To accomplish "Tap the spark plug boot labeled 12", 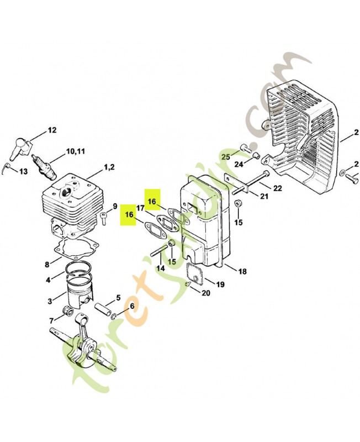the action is click(x=21, y=146).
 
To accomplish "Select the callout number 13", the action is click(x=24, y=171).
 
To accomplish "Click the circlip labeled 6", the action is click(x=114, y=316).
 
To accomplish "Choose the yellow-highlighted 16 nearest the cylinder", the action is click(x=129, y=215).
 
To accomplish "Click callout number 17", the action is click(x=141, y=208).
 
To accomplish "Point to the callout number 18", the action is click(x=242, y=271).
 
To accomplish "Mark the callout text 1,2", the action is click(x=109, y=167).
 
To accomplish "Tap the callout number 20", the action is click(x=206, y=293).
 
